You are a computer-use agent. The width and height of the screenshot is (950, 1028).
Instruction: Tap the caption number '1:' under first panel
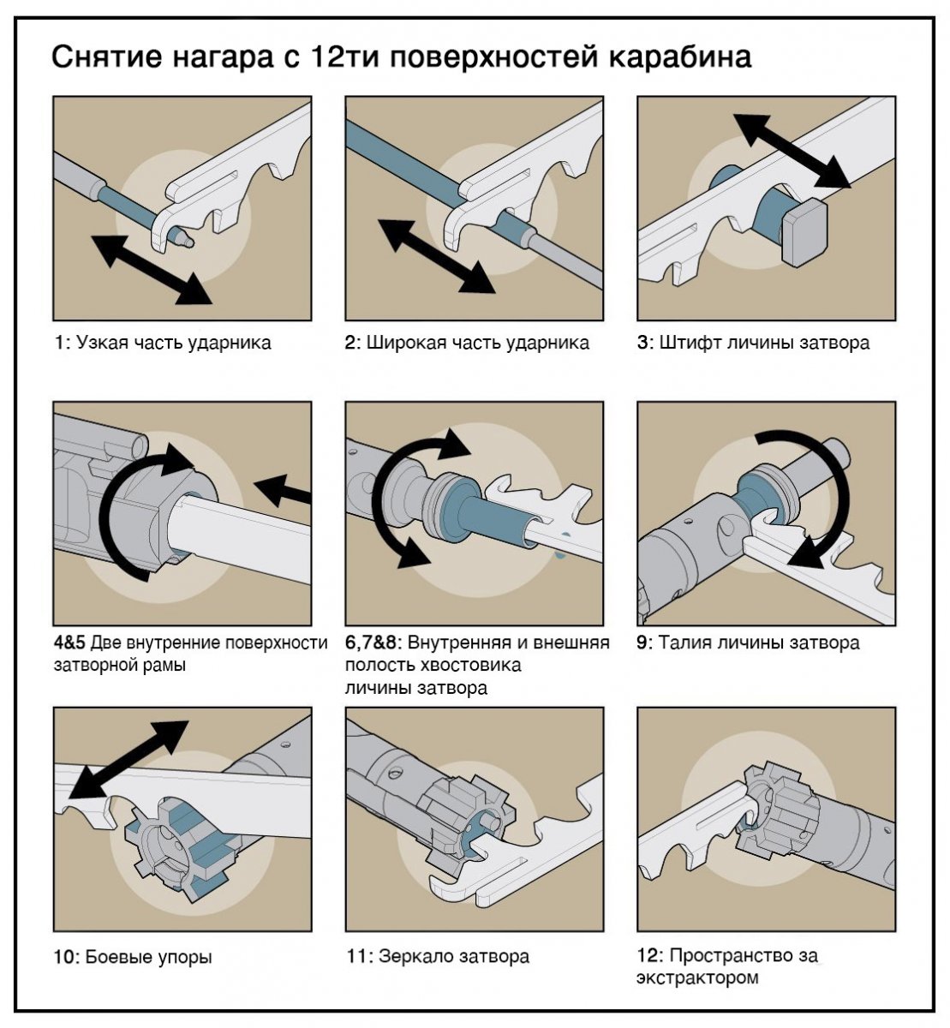point(62,343)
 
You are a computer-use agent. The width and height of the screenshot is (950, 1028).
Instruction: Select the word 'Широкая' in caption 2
point(403,343)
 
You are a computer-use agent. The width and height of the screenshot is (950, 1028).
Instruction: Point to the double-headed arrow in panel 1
point(150,268)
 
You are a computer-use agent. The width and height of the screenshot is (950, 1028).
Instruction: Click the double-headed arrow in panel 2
point(436,255)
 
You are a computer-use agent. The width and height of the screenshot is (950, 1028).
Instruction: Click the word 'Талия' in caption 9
point(685,642)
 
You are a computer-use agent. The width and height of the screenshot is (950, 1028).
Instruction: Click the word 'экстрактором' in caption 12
point(697,977)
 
